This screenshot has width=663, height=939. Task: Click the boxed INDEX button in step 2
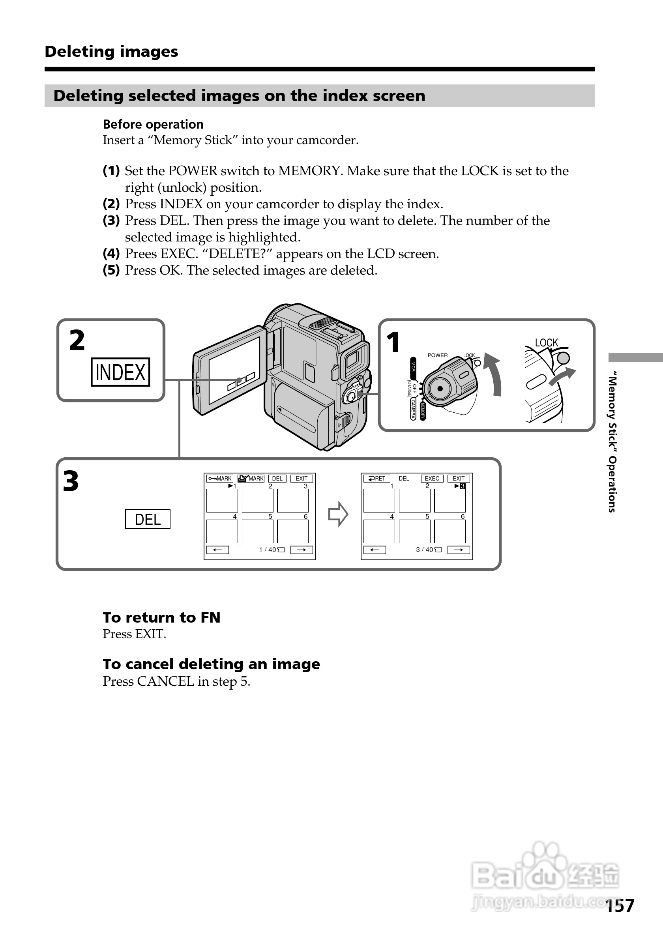pyautogui.click(x=120, y=372)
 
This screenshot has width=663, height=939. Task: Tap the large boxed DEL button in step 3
pyautogui.click(x=148, y=519)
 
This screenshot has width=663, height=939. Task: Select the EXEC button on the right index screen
pyautogui.click(x=432, y=479)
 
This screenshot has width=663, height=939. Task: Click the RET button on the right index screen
pyautogui.click(x=377, y=479)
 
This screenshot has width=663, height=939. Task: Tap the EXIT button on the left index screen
pyautogui.click(x=302, y=479)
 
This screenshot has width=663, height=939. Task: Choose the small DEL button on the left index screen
pyautogui.click(x=277, y=479)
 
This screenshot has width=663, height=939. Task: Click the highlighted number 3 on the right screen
pyautogui.click(x=463, y=486)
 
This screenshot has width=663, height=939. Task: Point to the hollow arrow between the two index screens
pyautogui.click(x=338, y=514)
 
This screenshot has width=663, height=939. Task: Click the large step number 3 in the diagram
pyautogui.click(x=71, y=481)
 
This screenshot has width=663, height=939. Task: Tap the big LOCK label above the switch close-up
pyautogui.click(x=547, y=343)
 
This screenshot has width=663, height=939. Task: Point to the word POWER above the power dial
pyautogui.click(x=438, y=355)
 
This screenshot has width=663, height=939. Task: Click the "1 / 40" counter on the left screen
pyautogui.click(x=268, y=550)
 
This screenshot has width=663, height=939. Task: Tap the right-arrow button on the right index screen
pyautogui.click(x=459, y=550)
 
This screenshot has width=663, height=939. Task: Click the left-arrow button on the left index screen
pyautogui.click(x=217, y=550)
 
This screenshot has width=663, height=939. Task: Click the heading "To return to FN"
pyautogui.click(x=161, y=617)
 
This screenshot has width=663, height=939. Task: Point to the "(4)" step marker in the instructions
pyautogui.click(x=111, y=254)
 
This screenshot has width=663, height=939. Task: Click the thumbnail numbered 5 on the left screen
pyautogui.click(x=257, y=531)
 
